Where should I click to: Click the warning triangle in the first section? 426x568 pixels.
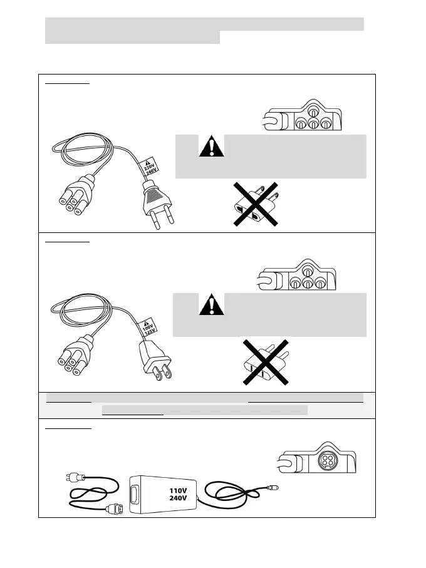click(211, 147)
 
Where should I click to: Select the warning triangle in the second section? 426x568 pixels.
click(211, 305)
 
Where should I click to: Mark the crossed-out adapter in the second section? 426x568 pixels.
click(265, 363)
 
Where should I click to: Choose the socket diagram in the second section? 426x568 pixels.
click(298, 276)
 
